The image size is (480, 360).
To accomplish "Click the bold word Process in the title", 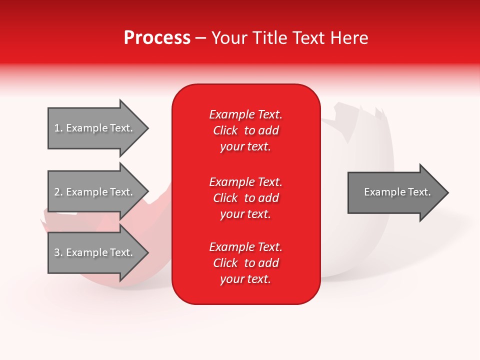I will coord(157,38).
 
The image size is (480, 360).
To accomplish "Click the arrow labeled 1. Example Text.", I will coord(95,128).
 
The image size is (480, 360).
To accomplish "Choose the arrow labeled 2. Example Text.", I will coord(95,192).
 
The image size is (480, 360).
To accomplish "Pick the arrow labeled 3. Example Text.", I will coord(95,252).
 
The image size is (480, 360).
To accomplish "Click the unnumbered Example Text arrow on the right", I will coord(395,192).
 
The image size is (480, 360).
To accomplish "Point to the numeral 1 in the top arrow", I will coord(56,128).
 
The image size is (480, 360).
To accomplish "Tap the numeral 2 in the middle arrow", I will coord(57,192).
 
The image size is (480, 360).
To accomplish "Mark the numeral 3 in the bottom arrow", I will coord(57,252).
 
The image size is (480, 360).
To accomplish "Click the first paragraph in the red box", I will coord(245,130).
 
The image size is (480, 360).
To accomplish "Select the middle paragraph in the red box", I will coord(245,198).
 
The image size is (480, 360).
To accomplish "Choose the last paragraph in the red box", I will coord(245,263).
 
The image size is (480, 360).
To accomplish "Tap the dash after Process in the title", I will coord(200,38).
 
